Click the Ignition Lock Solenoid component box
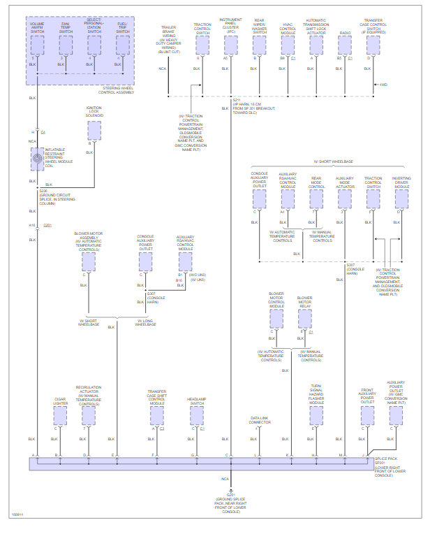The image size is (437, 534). [x=94, y=131]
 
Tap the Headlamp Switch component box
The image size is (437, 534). [x=196, y=415]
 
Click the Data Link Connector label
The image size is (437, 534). [x=260, y=421]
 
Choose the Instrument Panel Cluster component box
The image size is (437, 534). [x=230, y=45]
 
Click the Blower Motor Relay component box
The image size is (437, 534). [x=304, y=319]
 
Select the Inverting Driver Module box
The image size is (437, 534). [x=401, y=200]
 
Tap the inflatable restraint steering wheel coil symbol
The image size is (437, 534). [x=36, y=159]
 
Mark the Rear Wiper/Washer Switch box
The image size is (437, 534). [x=259, y=45]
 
